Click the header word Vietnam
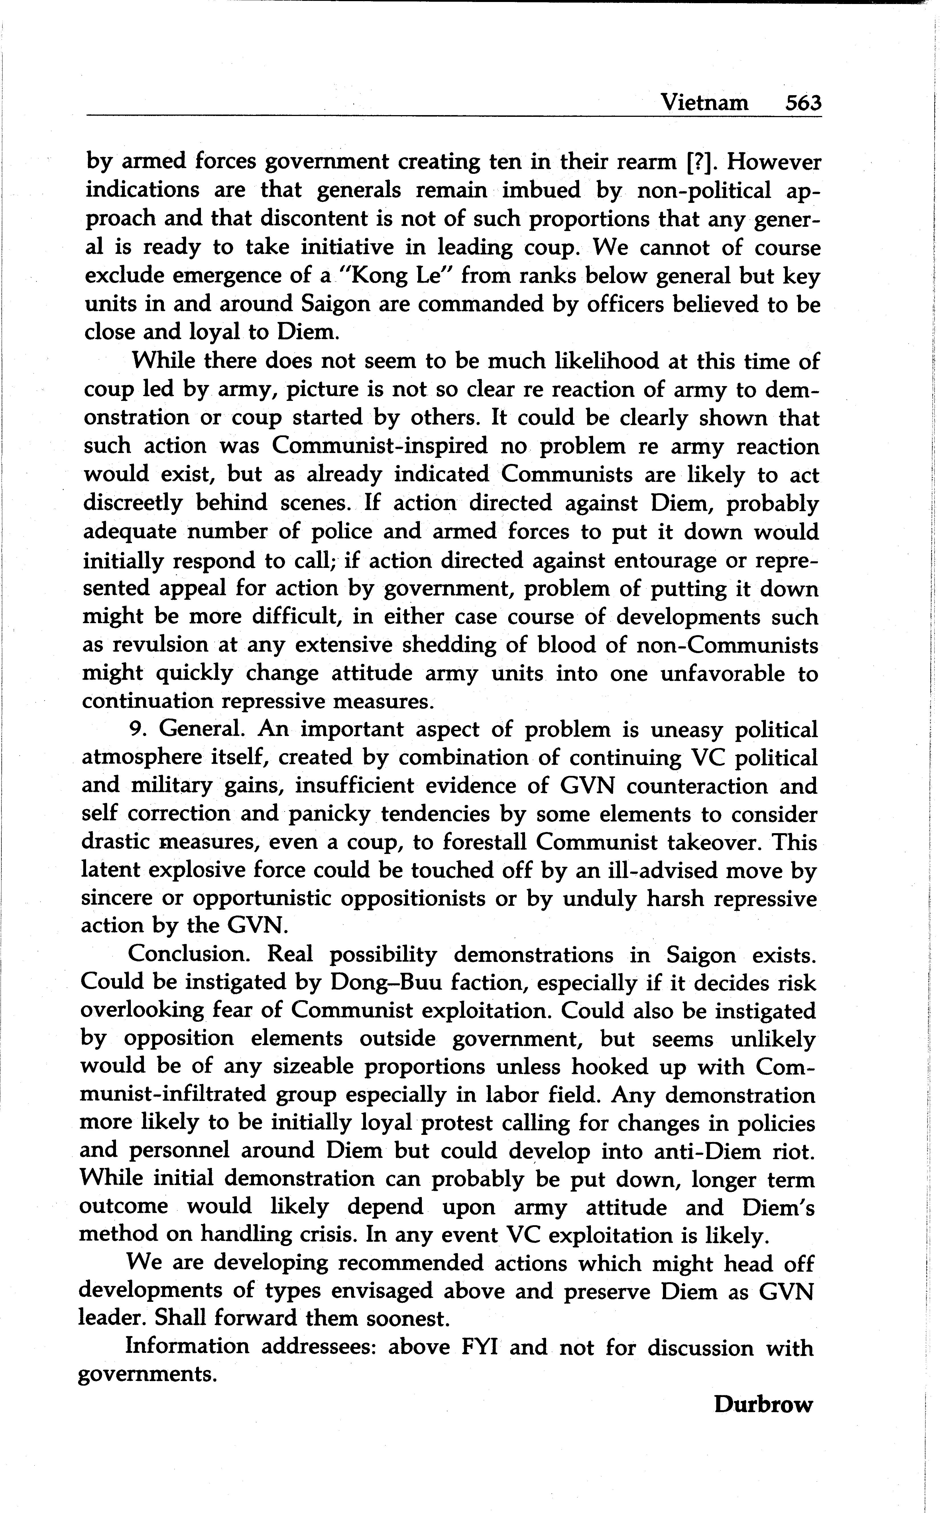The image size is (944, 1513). [704, 102]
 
